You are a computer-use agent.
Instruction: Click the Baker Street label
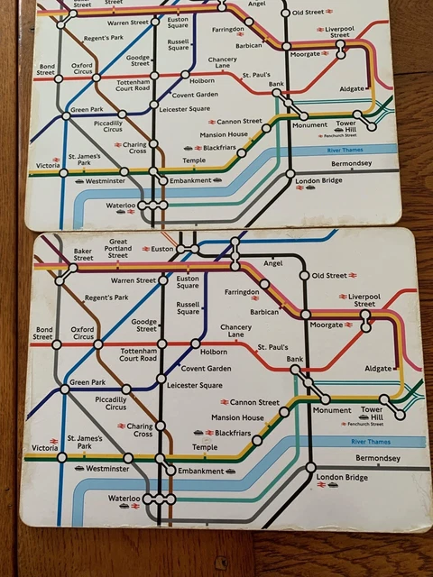83,254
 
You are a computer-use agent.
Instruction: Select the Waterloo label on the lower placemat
124,498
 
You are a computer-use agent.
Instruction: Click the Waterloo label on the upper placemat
120,206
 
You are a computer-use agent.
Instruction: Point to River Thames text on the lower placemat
370,442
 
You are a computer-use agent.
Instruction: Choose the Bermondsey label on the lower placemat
377,458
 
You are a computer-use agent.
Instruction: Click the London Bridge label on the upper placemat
318,181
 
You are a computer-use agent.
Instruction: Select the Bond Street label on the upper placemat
45,69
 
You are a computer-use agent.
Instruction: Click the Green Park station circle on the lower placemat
64,389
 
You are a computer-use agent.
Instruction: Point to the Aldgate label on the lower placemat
378,368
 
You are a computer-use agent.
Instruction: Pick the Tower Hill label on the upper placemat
371,124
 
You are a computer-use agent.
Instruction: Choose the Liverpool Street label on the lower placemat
364,299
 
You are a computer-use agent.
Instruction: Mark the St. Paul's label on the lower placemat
272,346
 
